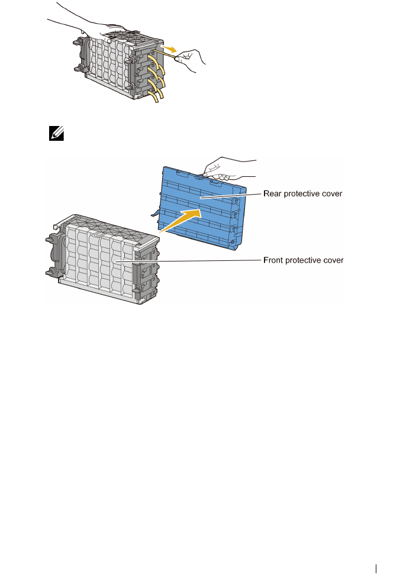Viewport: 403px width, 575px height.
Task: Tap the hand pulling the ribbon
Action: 192,58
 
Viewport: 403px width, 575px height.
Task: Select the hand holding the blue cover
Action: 228,170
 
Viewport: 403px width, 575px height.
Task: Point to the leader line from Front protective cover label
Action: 189,260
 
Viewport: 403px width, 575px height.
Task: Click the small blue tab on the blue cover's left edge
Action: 156,214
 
